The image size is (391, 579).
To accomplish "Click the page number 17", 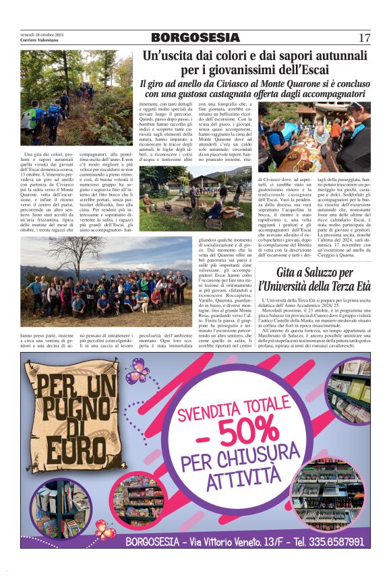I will pos(364,38).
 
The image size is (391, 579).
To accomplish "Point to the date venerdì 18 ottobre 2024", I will pos(42,34).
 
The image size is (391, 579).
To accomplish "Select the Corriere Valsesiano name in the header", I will pos(39,40).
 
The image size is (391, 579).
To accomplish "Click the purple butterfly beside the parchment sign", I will pos(137,370).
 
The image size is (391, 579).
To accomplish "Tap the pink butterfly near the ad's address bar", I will pos(104,529).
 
